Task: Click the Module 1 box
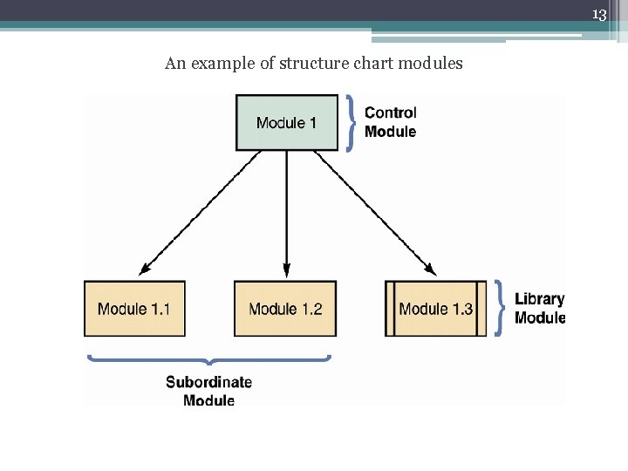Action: (287, 122)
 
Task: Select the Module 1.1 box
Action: (134, 308)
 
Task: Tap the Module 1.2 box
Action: (285, 308)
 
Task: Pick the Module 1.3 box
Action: (435, 308)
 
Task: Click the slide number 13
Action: (598, 15)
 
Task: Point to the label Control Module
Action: (390, 122)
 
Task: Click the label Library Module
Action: (539, 308)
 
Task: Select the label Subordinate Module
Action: (208, 391)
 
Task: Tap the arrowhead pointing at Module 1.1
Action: (144, 270)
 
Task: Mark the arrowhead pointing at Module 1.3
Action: (430, 270)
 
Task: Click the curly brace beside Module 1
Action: (350, 122)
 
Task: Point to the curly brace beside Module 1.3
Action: (500, 308)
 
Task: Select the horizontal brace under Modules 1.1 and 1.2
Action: (208, 358)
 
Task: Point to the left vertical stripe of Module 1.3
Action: (389, 308)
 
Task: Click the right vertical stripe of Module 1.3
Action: (481, 308)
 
